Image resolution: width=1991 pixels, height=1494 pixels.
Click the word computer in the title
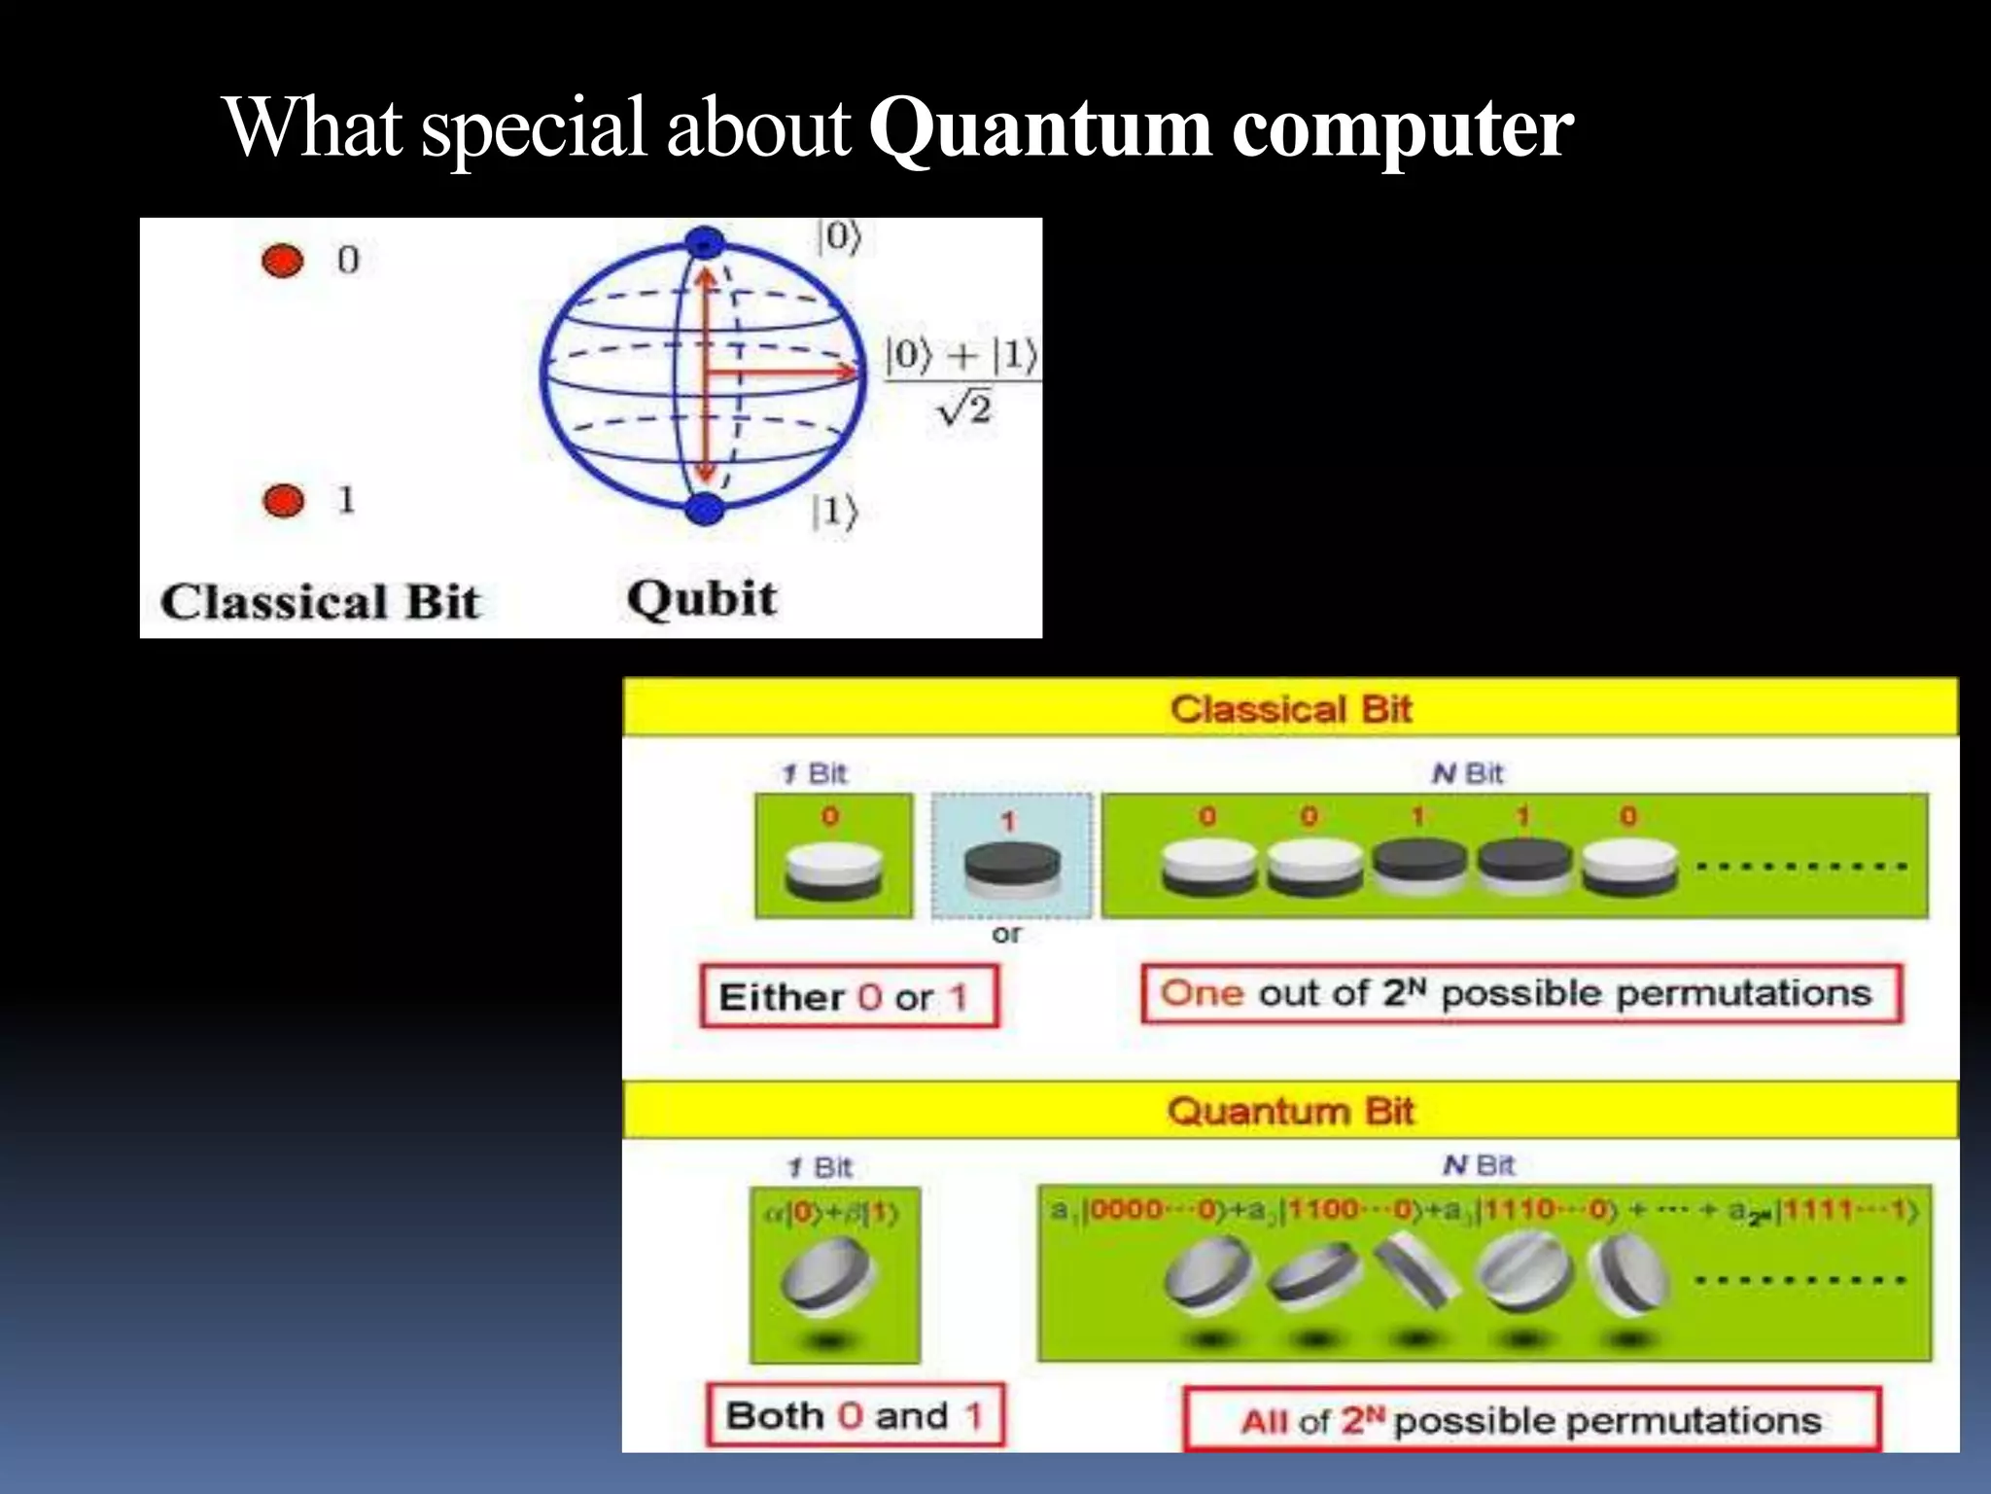[x=1402, y=129]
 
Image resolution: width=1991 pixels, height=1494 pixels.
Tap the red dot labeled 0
[x=283, y=261]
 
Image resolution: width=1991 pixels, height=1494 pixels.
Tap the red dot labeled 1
[x=283, y=501]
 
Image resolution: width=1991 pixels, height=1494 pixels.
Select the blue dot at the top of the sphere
[x=704, y=242]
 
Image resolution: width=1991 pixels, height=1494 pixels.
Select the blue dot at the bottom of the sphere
[x=704, y=508]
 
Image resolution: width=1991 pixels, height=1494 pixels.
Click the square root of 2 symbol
[x=964, y=409]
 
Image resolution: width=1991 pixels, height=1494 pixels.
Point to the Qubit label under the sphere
[x=701, y=598]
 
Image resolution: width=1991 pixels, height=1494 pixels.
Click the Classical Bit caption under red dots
[x=320, y=602]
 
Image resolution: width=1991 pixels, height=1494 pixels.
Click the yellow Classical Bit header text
[x=1290, y=709]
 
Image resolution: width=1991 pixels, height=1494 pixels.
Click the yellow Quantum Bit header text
[x=1290, y=1111]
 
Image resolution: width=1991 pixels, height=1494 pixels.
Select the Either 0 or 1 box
[x=848, y=996]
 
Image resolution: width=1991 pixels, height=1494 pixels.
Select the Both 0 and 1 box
[x=855, y=1415]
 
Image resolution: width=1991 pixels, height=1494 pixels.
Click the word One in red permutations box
[x=1202, y=993]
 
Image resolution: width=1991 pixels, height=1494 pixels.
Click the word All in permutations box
[x=1264, y=1422]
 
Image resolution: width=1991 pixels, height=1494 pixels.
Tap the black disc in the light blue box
[x=1011, y=863]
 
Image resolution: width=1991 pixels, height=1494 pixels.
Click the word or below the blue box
[x=1006, y=934]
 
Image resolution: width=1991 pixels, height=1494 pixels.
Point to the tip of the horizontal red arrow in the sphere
[x=856, y=372]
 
